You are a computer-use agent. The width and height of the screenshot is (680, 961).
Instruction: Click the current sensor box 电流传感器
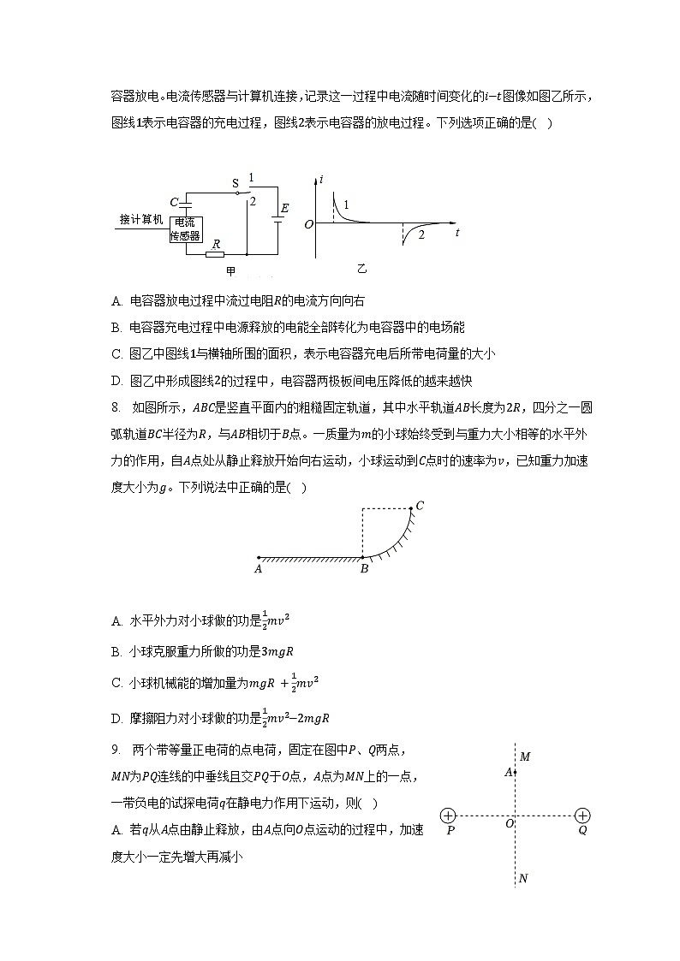pyautogui.click(x=186, y=228)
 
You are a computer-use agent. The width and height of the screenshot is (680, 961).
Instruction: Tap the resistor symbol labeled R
pyautogui.click(x=215, y=254)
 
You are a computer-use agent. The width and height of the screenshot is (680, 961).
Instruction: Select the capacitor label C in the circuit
pyautogui.click(x=174, y=203)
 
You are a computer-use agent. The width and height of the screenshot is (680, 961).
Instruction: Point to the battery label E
pyautogui.click(x=284, y=208)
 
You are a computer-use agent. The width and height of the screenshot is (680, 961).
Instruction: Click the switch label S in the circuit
pyautogui.click(x=236, y=182)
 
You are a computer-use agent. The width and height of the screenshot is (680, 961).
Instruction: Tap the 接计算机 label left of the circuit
pyautogui.click(x=140, y=219)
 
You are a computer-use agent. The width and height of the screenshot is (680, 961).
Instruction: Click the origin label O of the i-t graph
pyautogui.click(x=308, y=224)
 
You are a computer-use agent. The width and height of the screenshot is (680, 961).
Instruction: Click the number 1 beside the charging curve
pyautogui.click(x=346, y=205)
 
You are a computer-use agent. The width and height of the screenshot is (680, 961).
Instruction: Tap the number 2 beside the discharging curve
pyautogui.click(x=421, y=234)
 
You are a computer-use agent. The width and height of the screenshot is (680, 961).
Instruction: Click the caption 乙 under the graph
pyautogui.click(x=361, y=269)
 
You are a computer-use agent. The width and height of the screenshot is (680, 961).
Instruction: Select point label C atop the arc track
pyautogui.click(x=420, y=506)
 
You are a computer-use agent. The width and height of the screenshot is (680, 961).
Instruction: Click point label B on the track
pyautogui.click(x=363, y=567)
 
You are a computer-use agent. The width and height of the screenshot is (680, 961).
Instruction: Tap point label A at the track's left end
pyautogui.click(x=258, y=567)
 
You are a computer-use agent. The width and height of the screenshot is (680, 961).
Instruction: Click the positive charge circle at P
pyautogui.click(x=449, y=816)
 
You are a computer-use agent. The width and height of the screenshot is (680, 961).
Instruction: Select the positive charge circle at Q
pyautogui.click(x=582, y=816)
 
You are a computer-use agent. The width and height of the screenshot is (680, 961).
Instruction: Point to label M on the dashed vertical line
pyautogui.click(x=525, y=756)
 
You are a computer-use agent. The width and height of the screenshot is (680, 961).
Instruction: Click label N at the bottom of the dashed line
pyautogui.click(x=523, y=878)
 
